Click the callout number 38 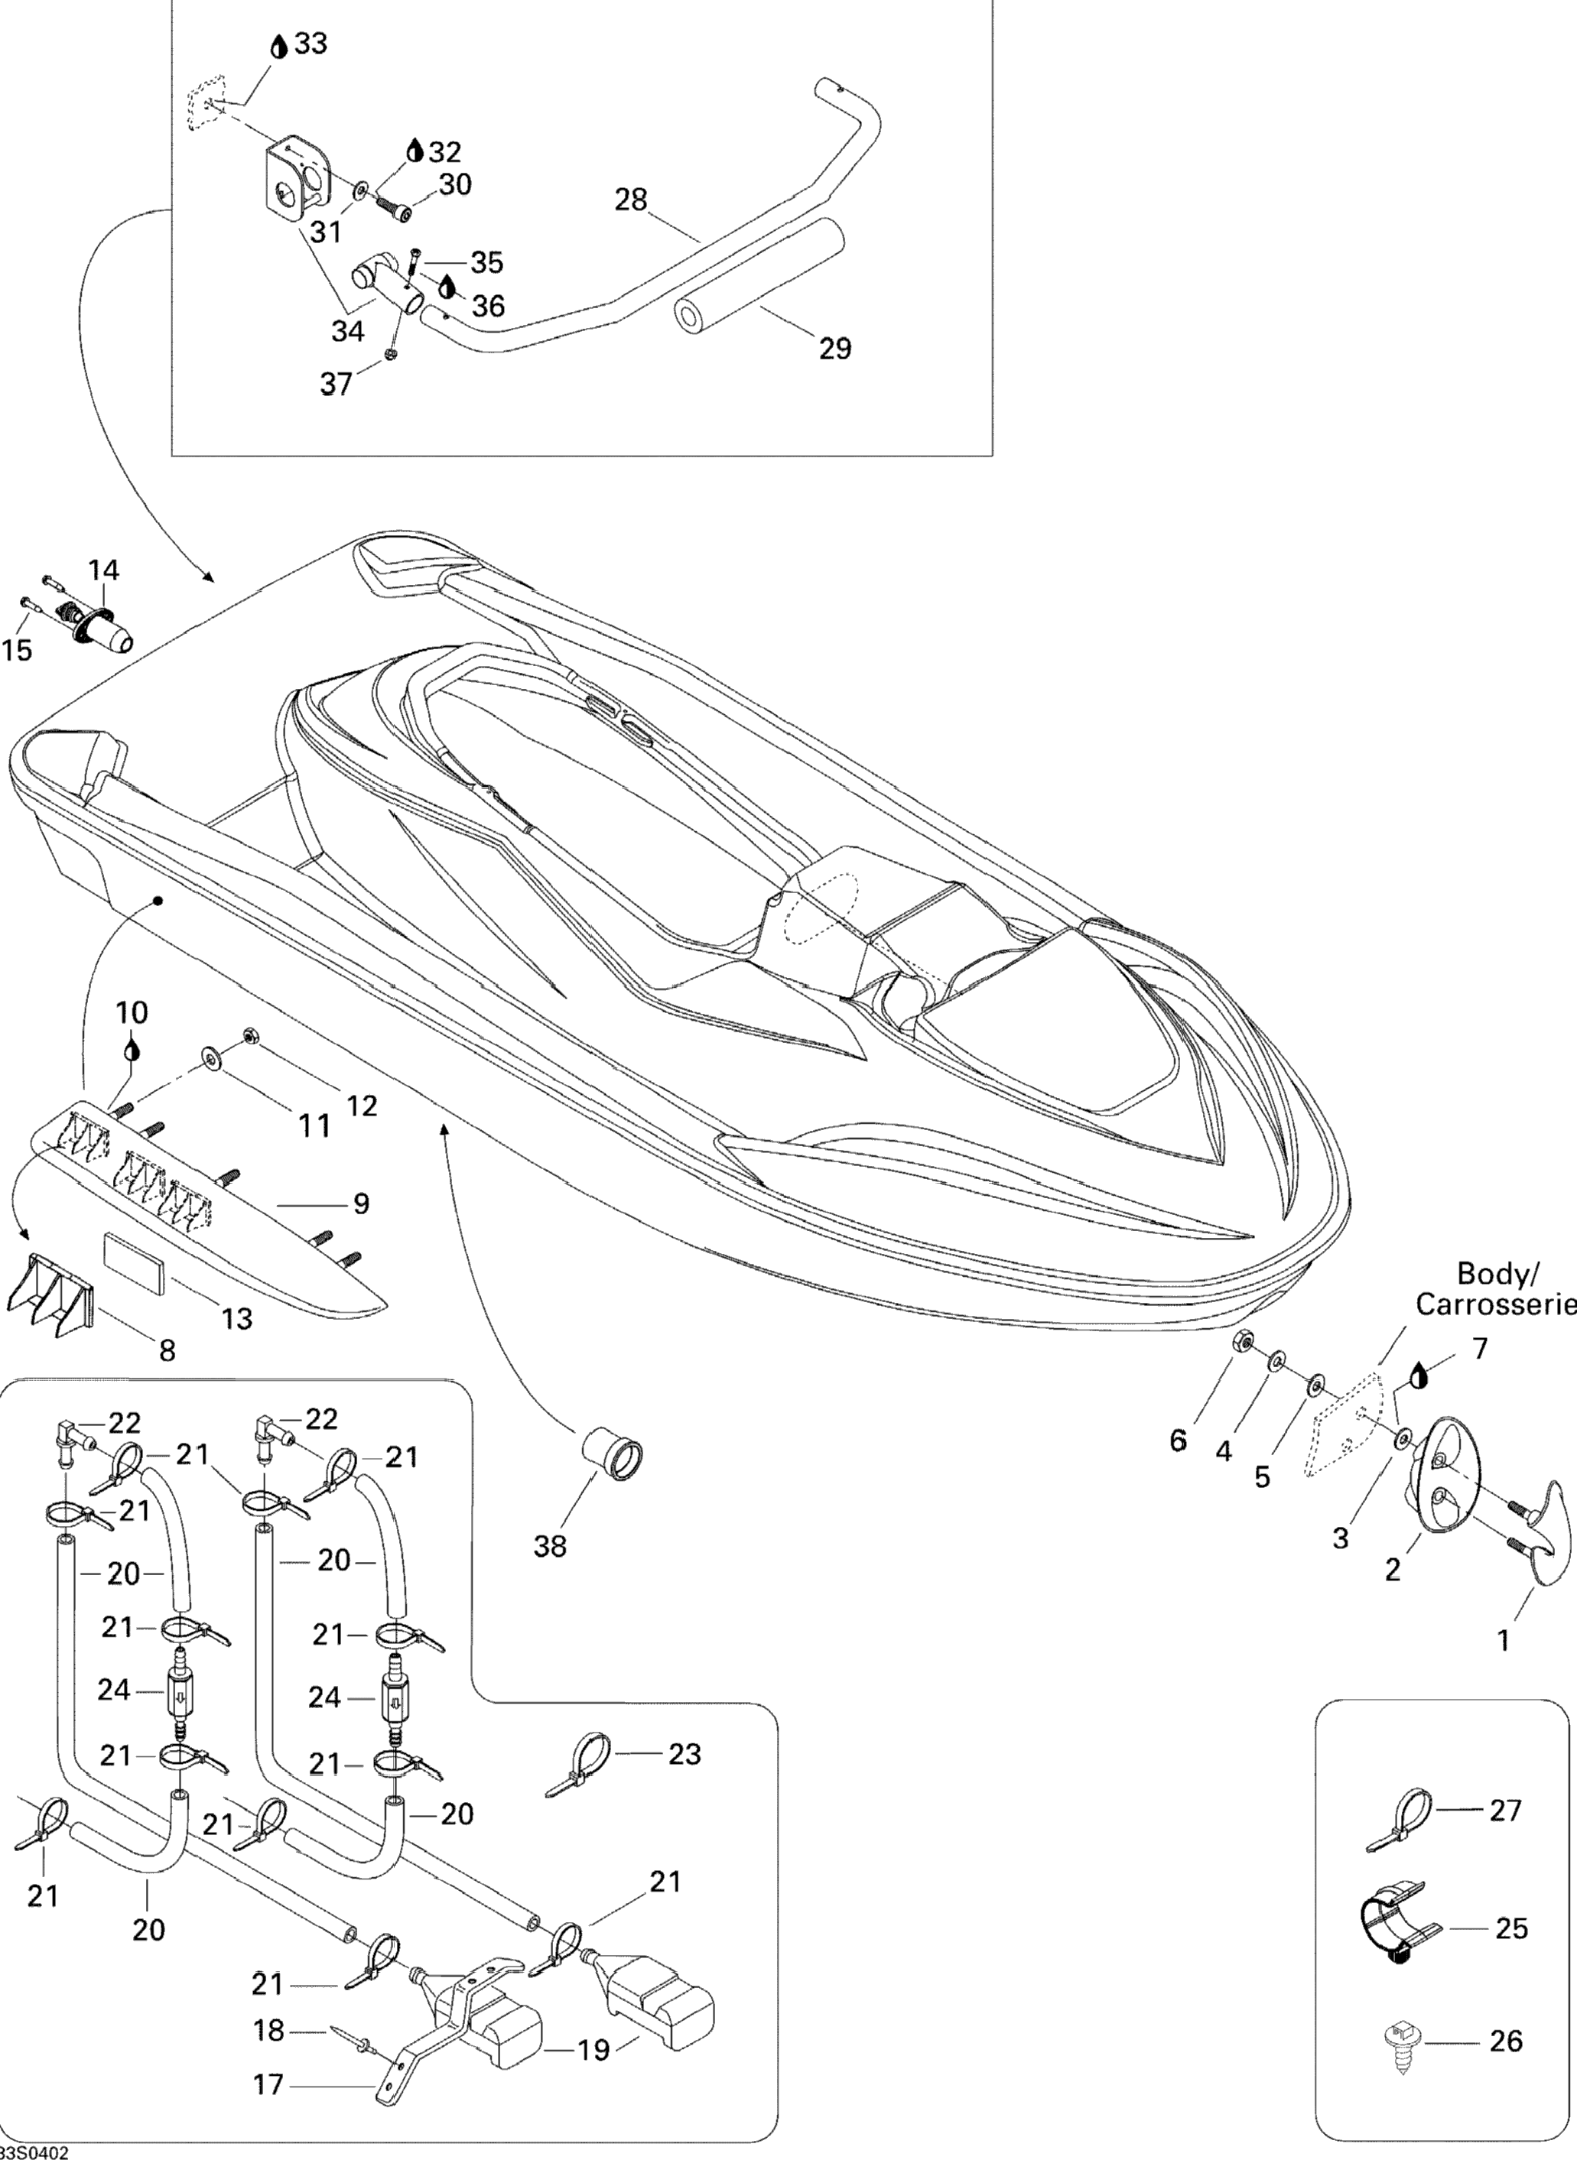point(550,1545)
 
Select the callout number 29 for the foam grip point(834,349)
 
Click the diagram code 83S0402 point(34,2152)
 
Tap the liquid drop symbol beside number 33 point(278,46)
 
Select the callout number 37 point(336,384)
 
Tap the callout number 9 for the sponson point(361,1203)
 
